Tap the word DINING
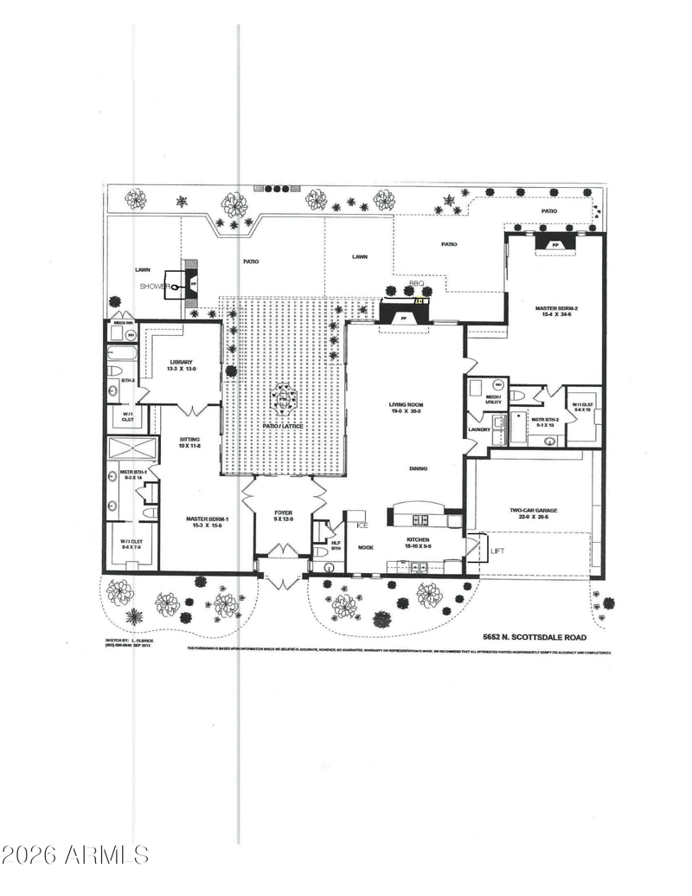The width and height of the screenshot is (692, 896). [x=419, y=468]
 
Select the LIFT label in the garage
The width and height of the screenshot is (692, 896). [x=497, y=551]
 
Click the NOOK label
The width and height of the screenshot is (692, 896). [x=365, y=547]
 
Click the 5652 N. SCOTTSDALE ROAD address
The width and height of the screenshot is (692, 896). [x=535, y=637]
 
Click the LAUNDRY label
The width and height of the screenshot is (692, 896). [x=478, y=429]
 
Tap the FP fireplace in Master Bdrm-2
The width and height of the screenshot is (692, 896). [x=555, y=246]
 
